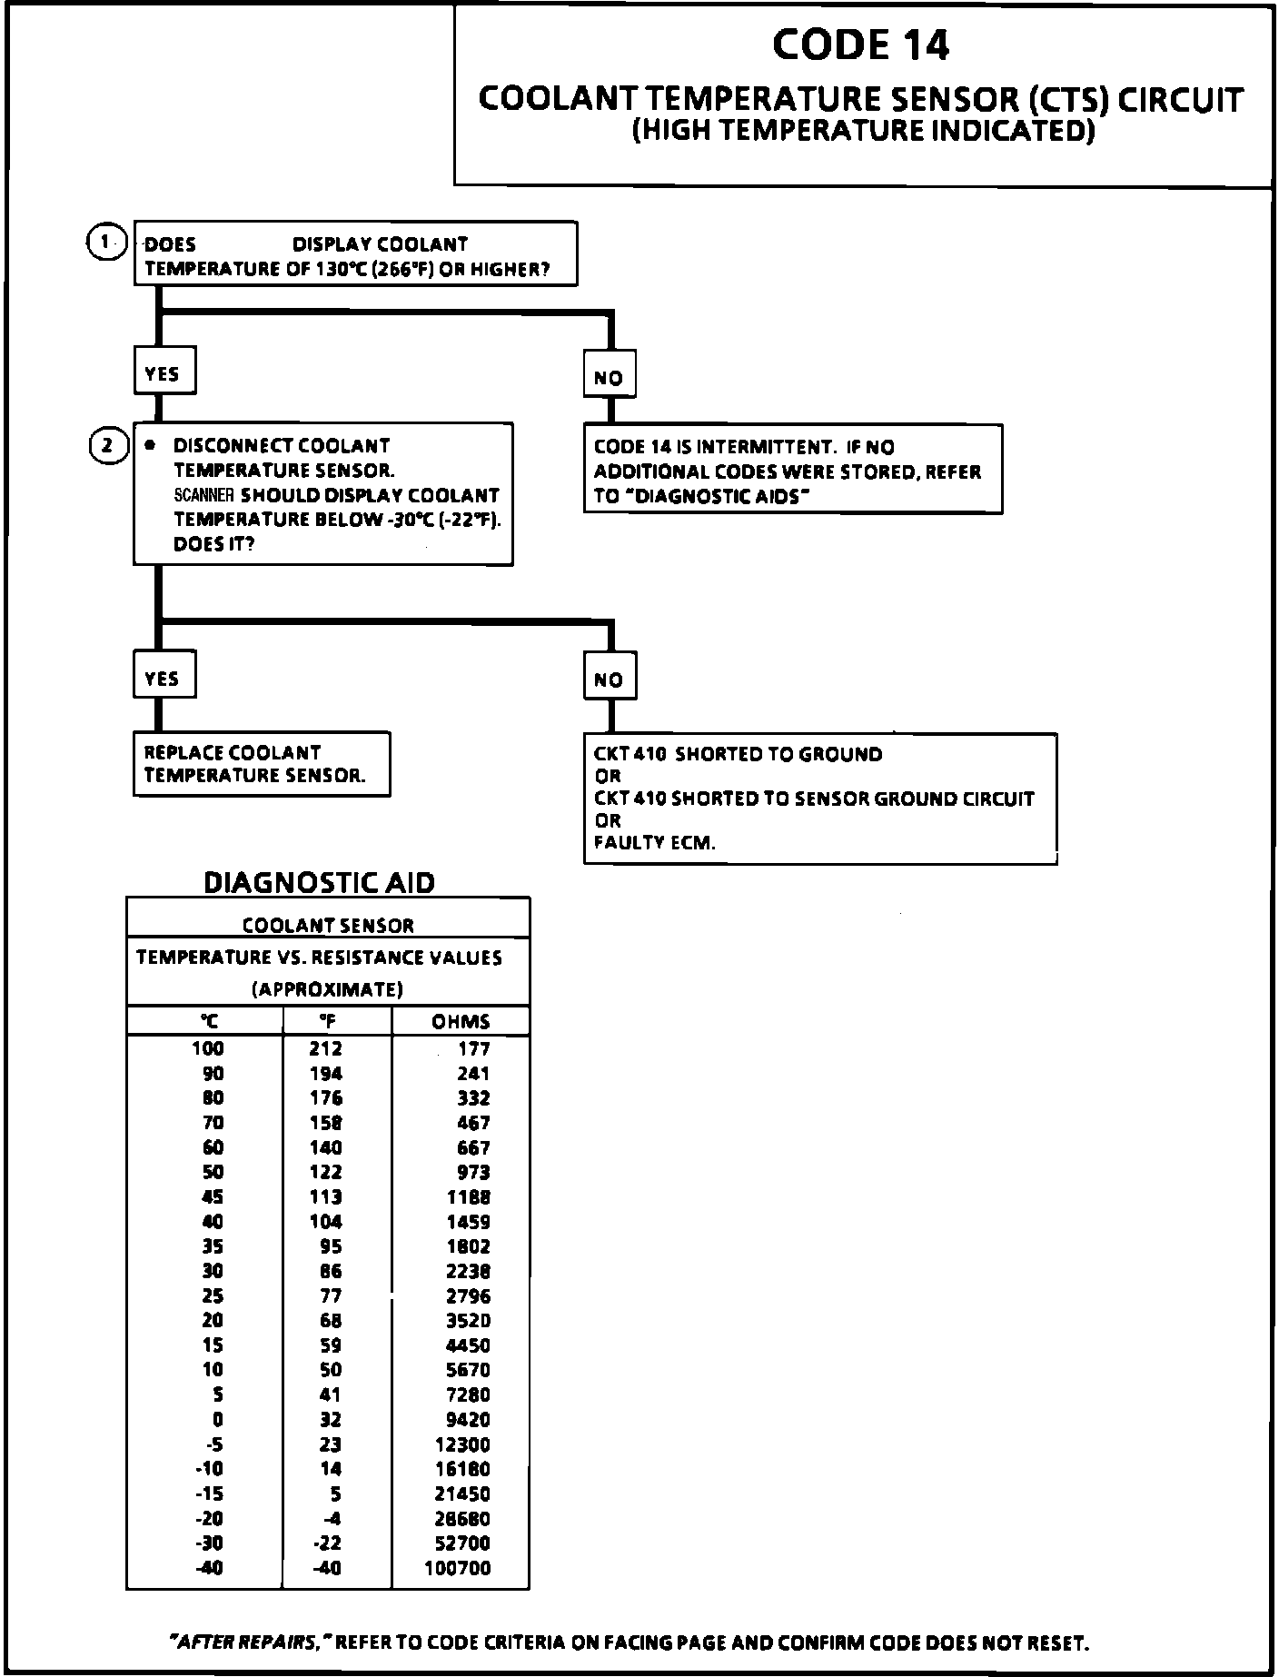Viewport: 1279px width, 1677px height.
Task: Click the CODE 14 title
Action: pyautogui.click(x=861, y=45)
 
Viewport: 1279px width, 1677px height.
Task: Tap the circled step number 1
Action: pyautogui.click(x=106, y=242)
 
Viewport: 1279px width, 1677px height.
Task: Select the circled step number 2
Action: pyautogui.click(x=108, y=445)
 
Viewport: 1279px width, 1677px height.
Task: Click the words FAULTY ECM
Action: pyautogui.click(x=654, y=842)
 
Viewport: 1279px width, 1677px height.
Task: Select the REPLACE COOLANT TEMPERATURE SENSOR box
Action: pyautogui.click(x=262, y=764)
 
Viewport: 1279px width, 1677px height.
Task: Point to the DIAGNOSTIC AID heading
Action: pyautogui.click(x=319, y=882)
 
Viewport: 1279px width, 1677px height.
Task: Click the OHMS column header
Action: pyautogui.click(x=461, y=1021)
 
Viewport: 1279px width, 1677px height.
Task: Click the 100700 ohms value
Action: pyautogui.click(x=458, y=1568)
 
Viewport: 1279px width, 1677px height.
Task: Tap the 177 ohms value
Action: pyautogui.click(x=473, y=1048)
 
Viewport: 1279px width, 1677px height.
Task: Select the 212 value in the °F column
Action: pyautogui.click(x=326, y=1048)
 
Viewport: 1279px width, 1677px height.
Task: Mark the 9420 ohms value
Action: pyautogui.click(x=468, y=1419)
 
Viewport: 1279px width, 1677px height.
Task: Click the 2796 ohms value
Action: pyautogui.click(x=468, y=1295)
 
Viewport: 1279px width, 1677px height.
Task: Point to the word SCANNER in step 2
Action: pyautogui.click(x=204, y=495)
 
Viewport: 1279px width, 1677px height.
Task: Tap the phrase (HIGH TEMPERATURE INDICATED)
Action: pyautogui.click(x=863, y=131)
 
